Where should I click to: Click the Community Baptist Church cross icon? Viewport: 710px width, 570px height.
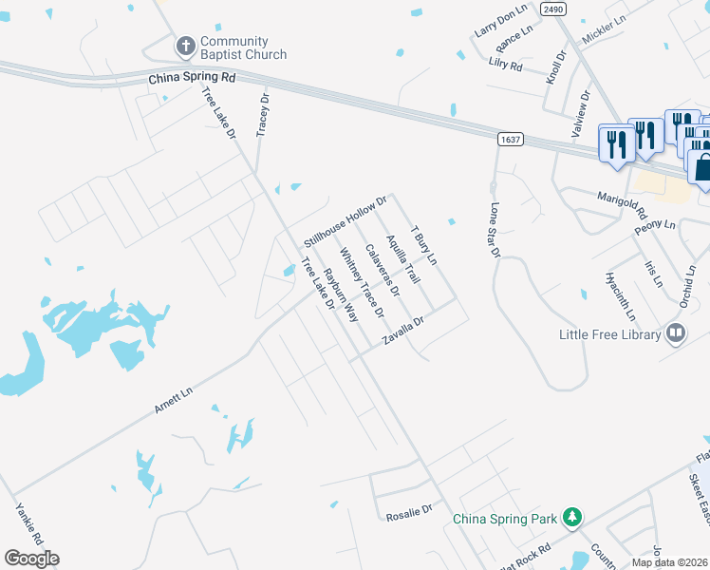pyautogui.click(x=186, y=46)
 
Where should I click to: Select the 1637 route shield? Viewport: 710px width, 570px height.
pyautogui.click(x=510, y=140)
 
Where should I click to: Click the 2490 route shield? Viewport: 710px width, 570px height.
pyautogui.click(x=553, y=9)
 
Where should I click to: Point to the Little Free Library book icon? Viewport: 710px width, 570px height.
pyautogui.click(x=676, y=333)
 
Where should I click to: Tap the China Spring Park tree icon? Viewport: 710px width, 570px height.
pyautogui.click(x=571, y=518)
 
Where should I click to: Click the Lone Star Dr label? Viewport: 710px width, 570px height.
pyautogui.click(x=494, y=229)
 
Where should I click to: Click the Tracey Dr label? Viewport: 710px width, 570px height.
pyautogui.click(x=264, y=113)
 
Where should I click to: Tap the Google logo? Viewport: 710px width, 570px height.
pyautogui.click(x=31, y=559)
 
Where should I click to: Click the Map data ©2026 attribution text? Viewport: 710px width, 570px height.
pyautogui.click(x=669, y=562)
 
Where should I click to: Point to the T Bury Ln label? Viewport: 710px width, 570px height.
pyautogui.click(x=423, y=245)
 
